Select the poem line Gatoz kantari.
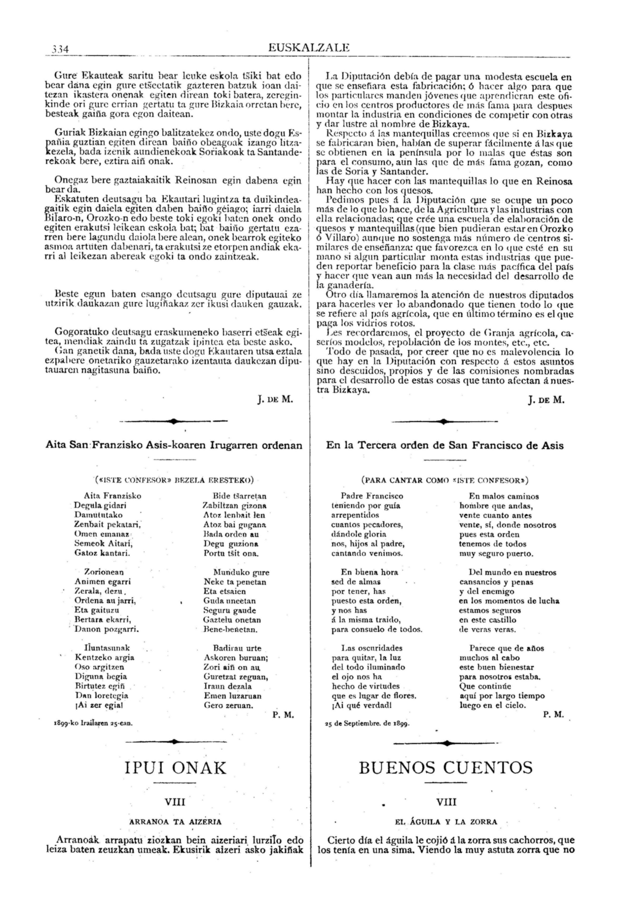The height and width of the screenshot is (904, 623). pos(102,553)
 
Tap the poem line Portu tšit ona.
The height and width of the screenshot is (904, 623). pos(231,553)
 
